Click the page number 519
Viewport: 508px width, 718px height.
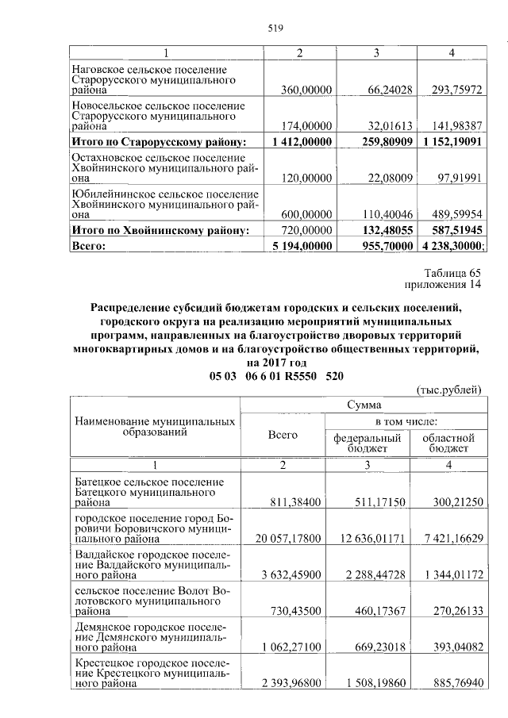[275, 29]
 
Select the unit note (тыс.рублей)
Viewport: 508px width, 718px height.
[448, 389]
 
